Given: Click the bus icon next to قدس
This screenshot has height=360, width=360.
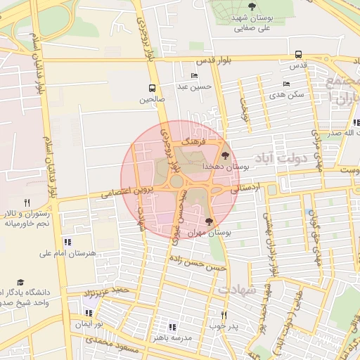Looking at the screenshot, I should click(299, 54).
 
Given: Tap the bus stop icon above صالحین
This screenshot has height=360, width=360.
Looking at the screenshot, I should click(152, 89).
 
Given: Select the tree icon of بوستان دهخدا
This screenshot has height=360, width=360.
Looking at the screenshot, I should click(226, 156).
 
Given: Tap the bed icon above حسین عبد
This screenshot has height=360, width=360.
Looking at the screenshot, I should click(194, 76).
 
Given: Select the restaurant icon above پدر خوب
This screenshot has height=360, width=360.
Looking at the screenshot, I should click(224, 316).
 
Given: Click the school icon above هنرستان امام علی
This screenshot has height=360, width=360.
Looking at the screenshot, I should click(67, 242).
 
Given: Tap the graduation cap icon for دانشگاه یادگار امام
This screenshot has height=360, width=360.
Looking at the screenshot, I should click(20, 281).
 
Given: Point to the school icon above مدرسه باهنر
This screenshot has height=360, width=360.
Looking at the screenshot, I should click(172, 327).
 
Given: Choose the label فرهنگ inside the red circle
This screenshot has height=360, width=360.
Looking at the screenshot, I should click(191, 142).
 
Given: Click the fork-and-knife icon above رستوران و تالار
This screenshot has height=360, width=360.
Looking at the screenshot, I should click(27, 202).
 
